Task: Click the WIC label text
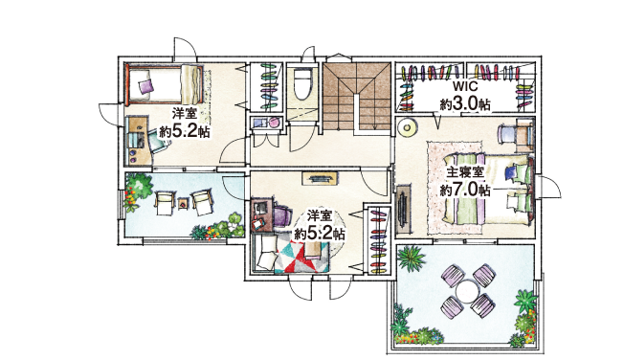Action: (x=464, y=86)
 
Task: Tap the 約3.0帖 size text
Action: (x=465, y=104)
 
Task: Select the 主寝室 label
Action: (x=464, y=172)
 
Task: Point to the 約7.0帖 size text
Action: (x=465, y=190)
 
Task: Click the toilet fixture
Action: (x=302, y=84)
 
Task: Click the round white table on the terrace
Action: (x=468, y=292)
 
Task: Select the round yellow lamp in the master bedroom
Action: (x=407, y=128)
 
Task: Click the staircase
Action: (x=357, y=97)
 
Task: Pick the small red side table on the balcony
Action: (x=183, y=203)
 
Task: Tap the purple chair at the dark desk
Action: (x=281, y=215)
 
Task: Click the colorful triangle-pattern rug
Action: (x=301, y=256)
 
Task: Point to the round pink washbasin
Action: (x=274, y=122)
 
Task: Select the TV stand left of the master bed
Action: (x=403, y=209)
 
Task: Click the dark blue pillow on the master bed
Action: (x=510, y=172)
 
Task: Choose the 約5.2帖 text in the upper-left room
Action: (x=185, y=131)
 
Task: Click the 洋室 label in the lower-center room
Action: (x=319, y=216)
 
